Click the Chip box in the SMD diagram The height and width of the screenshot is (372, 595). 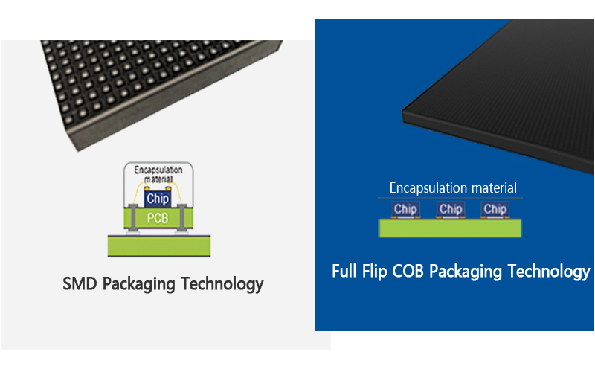pos(157,199)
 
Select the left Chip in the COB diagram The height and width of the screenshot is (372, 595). pos(405,209)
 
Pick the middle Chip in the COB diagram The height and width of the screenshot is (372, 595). pos(451,209)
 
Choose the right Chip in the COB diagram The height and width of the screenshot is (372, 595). pos(495,209)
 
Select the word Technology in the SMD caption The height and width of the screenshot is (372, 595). pos(222,283)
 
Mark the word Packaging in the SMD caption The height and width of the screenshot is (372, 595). pos(140,283)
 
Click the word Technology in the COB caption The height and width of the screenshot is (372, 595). pos(549,271)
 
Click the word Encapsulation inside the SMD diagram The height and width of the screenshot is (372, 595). pos(158,170)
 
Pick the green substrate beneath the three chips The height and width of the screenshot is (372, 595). pos(451,228)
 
